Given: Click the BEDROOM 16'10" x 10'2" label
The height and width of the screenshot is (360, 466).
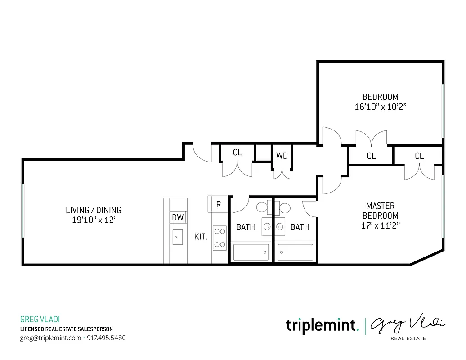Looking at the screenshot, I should pyautogui.click(x=381, y=102).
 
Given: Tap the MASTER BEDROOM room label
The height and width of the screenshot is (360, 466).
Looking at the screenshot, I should pyautogui.click(x=381, y=216).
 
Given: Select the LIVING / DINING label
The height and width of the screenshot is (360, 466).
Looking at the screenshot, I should pyautogui.click(x=94, y=215).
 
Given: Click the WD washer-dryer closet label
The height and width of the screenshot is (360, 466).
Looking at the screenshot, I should pyautogui.click(x=282, y=156).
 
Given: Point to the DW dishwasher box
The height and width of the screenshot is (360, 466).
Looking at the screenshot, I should pyautogui.click(x=178, y=218).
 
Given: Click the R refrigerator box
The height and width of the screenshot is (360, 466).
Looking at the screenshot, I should pyautogui.click(x=219, y=204).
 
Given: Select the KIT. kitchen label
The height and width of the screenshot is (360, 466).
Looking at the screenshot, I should pyautogui.click(x=201, y=236).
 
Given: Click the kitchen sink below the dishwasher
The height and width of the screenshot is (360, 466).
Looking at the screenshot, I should pyautogui.click(x=178, y=236).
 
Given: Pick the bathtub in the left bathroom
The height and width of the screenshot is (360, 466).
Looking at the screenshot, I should pyautogui.click(x=251, y=252).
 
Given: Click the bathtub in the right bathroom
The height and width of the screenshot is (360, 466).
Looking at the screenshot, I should pyautogui.click(x=295, y=252).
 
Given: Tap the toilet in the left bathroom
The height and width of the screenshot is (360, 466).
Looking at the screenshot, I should pyautogui.click(x=262, y=207).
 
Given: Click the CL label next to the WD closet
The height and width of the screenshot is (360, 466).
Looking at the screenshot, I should pyautogui.click(x=237, y=153).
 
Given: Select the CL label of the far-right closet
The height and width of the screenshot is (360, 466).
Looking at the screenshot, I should pyautogui.click(x=419, y=156).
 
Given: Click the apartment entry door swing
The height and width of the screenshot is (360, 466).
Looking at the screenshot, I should pyautogui.click(x=202, y=153).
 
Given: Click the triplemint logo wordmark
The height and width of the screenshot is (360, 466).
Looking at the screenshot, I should pyautogui.click(x=322, y=325).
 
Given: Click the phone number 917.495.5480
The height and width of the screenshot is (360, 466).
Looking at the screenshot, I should pyautogui.click(x=106, y=337).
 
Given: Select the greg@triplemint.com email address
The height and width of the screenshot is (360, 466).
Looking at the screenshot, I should pyautogui.click(x=50, y=337).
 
